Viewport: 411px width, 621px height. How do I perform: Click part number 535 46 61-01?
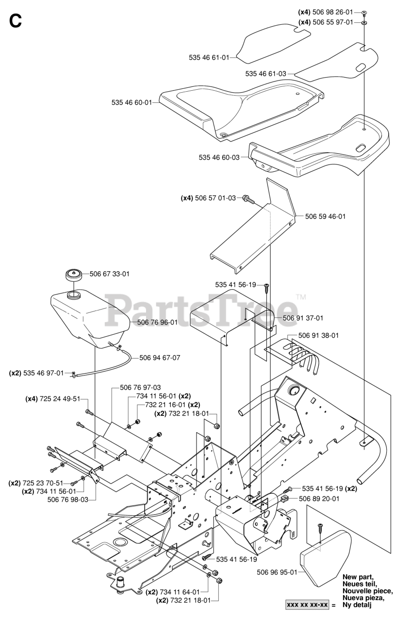(x=209, y=57)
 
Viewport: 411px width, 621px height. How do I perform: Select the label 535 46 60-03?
(x=219, y=157)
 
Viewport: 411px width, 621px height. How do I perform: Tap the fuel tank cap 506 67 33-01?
(x=73, y=275)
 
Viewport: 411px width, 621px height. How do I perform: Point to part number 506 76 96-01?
(x=157, y=322)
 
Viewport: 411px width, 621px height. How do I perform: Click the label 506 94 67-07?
(x=160, y=358)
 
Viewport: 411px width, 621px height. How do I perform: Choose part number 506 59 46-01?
(x=325, y=216)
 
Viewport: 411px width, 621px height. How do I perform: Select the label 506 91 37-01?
(x=303, y=318)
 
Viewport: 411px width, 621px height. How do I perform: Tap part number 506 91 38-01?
(x=318, y=335)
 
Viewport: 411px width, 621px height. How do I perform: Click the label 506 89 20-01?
(x=319, y=498)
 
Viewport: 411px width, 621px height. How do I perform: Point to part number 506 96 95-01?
(x=277, y=572)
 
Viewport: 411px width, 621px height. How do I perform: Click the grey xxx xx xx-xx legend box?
(x=307, y=605)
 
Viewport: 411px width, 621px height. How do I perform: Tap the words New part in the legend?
(x=358, y=577)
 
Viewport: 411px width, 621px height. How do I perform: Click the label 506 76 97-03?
(x=140, y=388)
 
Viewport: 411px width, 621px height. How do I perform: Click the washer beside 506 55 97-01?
(x=364, y=22)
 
